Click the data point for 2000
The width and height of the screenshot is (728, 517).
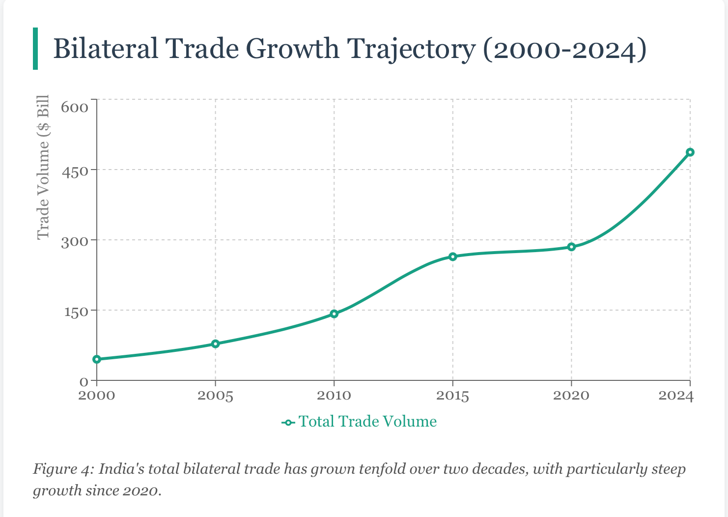(x=97, y=359)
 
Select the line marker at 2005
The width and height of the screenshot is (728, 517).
(x=215, y=344)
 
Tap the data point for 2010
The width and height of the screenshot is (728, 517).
(x=334, y=314)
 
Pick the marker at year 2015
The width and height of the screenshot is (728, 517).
(x=453, y=257)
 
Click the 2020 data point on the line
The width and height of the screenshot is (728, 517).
(x=571, y=247)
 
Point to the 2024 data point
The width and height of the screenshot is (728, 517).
(x=690, y=152)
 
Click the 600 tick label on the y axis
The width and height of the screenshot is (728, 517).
(x=74, y=107)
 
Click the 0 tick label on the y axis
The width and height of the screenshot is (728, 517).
(x=84, y=382)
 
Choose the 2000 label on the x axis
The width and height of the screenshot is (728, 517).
(x=97, y=396)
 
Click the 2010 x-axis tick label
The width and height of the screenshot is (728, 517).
(x=334, y=396)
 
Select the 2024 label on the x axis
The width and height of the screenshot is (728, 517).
(x=676, y=396)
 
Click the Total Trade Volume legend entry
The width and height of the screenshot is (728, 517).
(x=367, y=422)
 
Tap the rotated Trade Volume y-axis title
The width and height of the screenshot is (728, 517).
(x=44, y=167)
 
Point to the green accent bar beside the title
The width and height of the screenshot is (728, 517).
(x=35, y=49)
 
